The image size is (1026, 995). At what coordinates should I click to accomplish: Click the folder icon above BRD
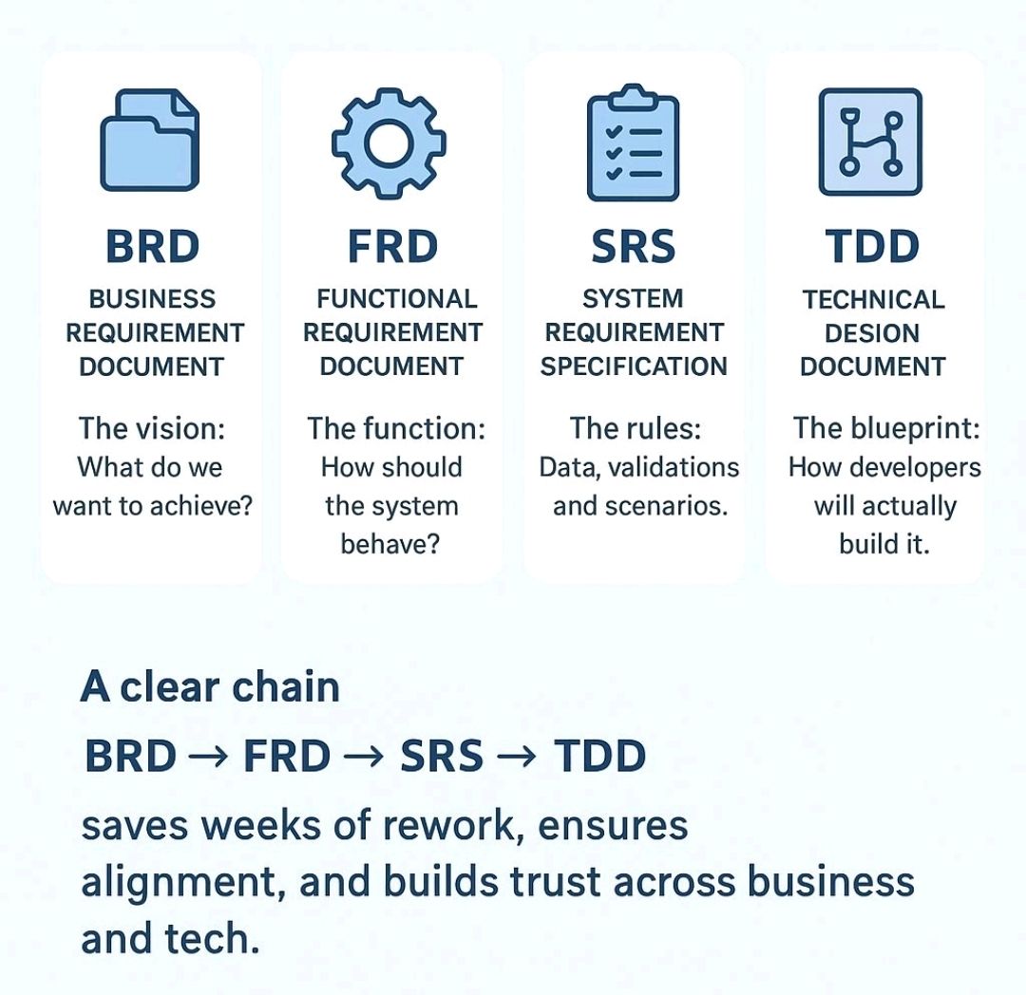tap(149, 140)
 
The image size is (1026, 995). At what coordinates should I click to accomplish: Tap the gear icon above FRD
tap(389, 143)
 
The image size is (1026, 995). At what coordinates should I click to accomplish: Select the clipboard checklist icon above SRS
tap(633, 142)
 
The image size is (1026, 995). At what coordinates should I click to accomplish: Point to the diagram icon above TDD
tap(870, 141)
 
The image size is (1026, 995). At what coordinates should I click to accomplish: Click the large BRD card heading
tap(152, 247)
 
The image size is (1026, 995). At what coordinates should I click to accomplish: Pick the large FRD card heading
tap(392, 247)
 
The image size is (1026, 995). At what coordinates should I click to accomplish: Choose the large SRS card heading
tap(633, 247)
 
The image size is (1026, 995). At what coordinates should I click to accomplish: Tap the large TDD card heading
tap(872, 247)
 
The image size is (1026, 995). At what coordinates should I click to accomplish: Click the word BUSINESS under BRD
tap(152, 299)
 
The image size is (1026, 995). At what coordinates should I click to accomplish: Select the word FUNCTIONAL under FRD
tap(397, 299)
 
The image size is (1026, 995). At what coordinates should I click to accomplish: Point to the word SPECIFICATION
tap(634, 366)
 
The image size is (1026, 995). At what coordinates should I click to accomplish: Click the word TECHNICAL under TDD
tap(874, 300)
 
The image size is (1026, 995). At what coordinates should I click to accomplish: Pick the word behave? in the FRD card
tap(390, 544)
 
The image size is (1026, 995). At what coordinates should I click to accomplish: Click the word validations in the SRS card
tap(674, 467)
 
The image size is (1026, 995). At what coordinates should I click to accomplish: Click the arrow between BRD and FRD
tap(208, 758)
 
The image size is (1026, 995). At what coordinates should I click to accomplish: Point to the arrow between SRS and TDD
tap(517, 758)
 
